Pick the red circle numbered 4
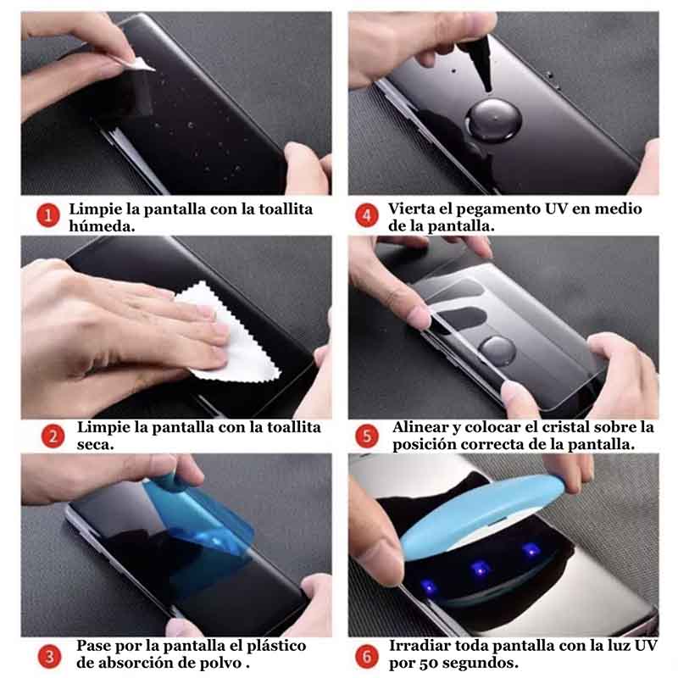[366, 216]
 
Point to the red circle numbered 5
[366, 436]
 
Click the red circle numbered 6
[366, 655]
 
